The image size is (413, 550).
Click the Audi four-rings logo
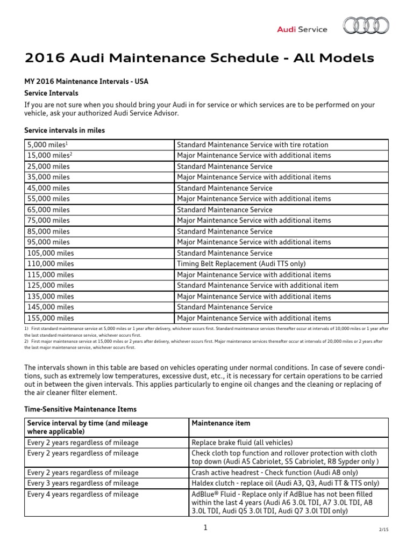pyautogui.click(x=366, y=25)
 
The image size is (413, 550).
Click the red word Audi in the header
pyautogui.click(x=286, y=30)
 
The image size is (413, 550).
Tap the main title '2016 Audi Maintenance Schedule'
pyautogui.click(x=200, y=58)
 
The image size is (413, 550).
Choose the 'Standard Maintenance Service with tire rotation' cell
pyautogui.click(x=252, y=145)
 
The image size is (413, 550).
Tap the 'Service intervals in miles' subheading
pyautogui.click(x=65, y=131)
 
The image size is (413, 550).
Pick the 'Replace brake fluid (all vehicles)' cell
pyautogui.click(x=242, y=443)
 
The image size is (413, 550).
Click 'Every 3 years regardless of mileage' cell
pyautogui.click(x=83, y=483)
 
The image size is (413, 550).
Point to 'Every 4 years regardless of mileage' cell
pyautogui.click(x=83, y=494)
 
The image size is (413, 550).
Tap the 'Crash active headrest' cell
pyautogui.click(x=267, y=473)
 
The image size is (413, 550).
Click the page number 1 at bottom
pyautogui.click(x=205, y=528)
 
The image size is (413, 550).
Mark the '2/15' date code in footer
pyautogui.click(x=383, y=530)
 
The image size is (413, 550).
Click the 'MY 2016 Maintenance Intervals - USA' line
pyautogui.click(x=86, y=82)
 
